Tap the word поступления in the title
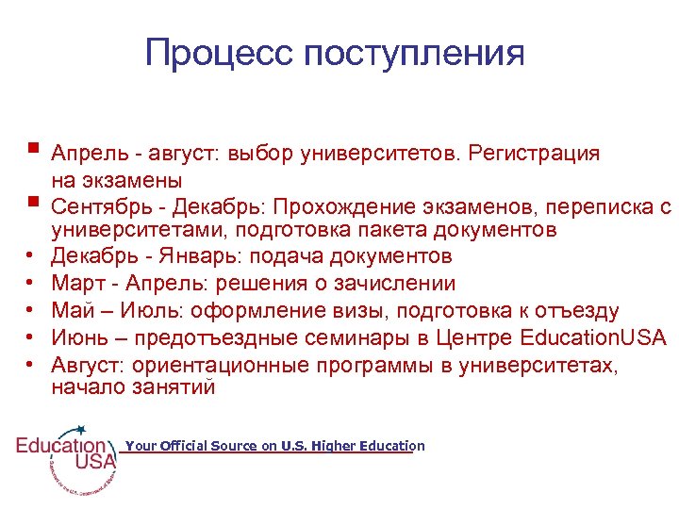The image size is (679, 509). click(x=414, y=53)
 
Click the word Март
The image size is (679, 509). click(x=77, y=284)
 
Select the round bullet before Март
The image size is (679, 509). click(x=31, y=284)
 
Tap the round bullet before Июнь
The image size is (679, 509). click(x=31, y=338)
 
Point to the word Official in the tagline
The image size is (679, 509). click(x=180, y=447)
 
